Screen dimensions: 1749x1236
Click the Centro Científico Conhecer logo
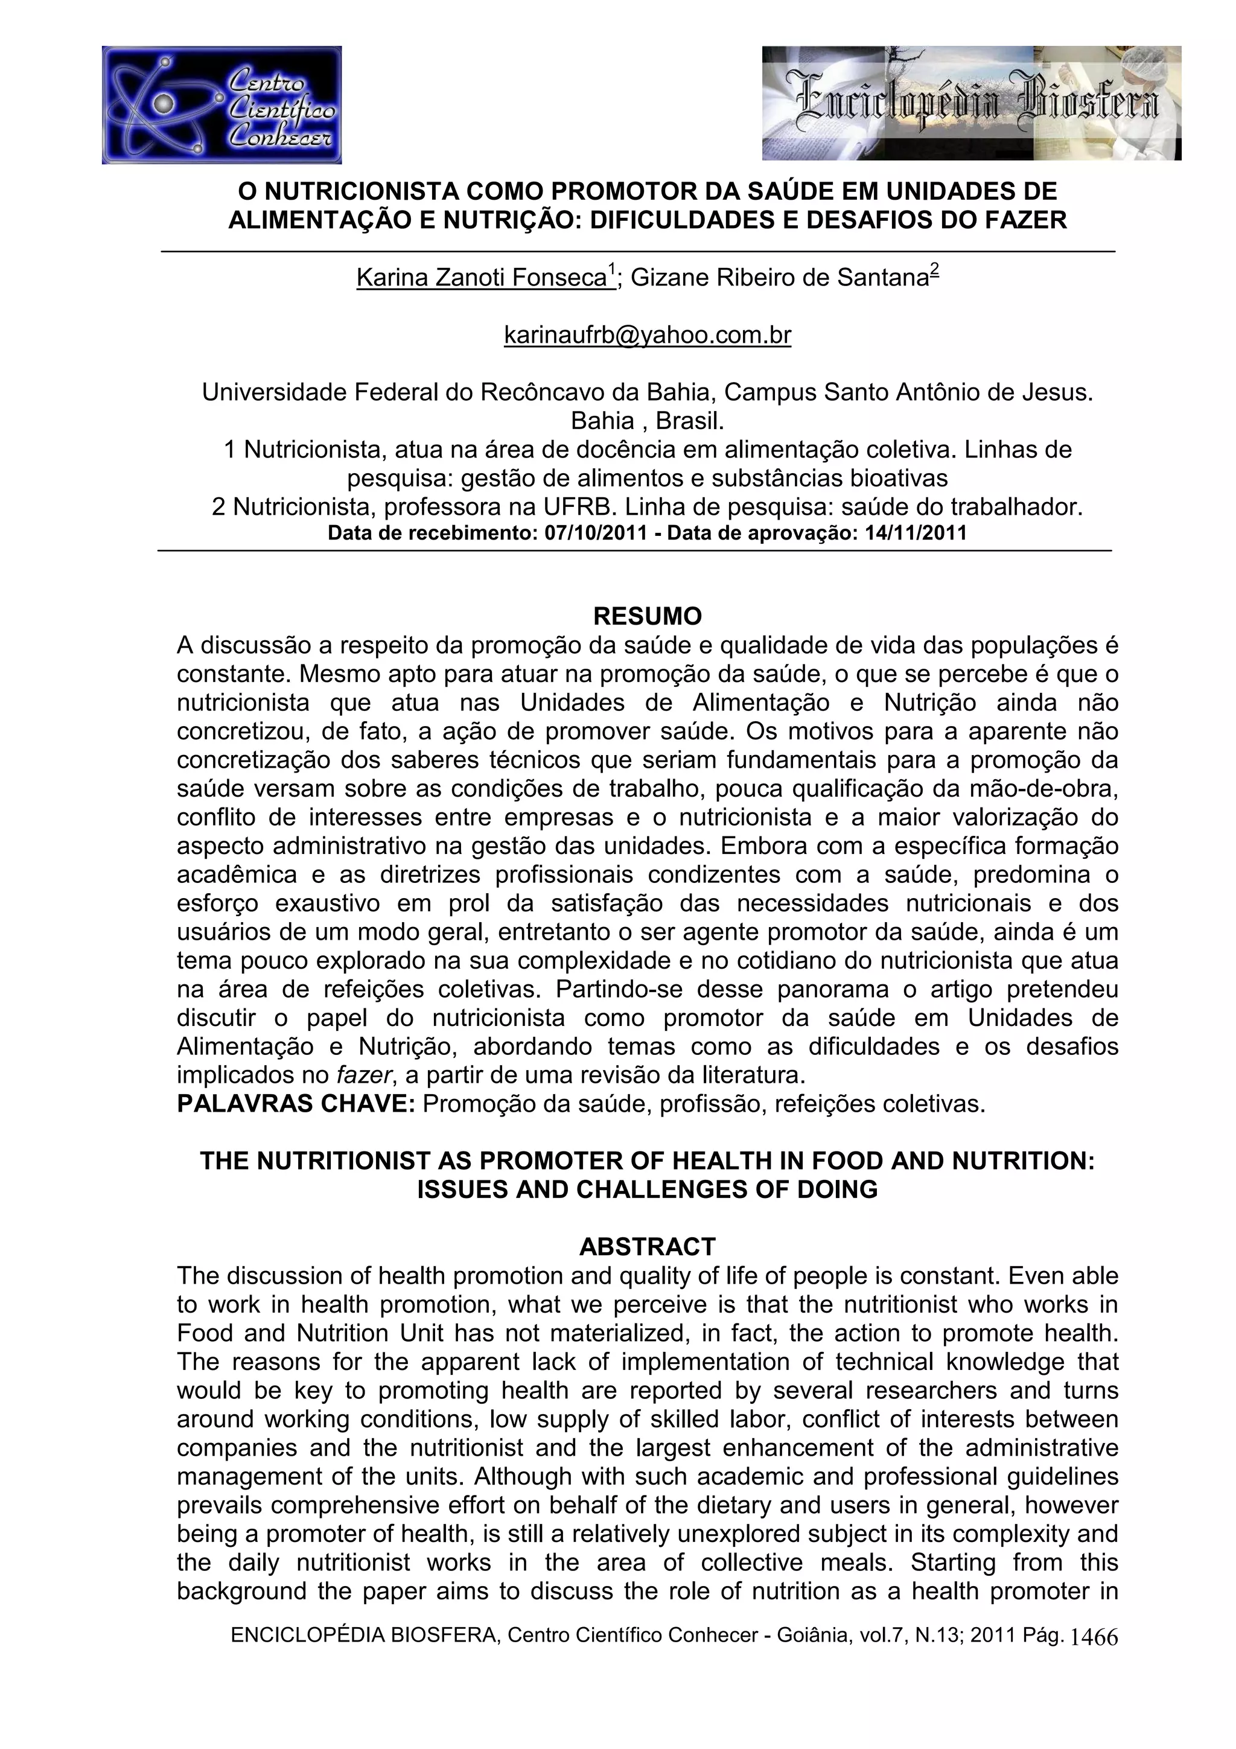pos(221,105)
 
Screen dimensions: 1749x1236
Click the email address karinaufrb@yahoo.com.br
pos(648,335)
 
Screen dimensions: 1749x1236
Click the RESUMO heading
pos(648,616)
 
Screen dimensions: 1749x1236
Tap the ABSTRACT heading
pos(648,1246)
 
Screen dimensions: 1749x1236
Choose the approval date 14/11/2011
pos(916,534)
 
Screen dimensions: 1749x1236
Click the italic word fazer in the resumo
pos(362,1075)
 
